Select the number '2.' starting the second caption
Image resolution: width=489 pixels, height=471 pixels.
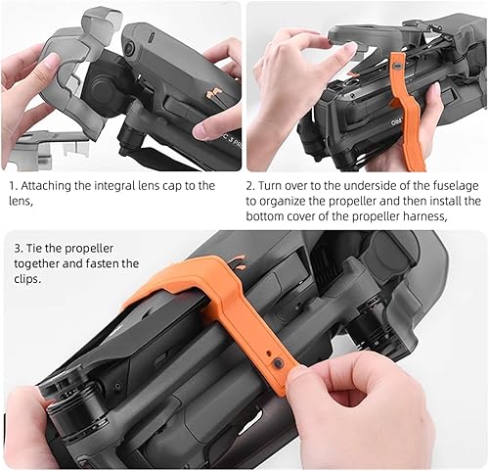point(251,186)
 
